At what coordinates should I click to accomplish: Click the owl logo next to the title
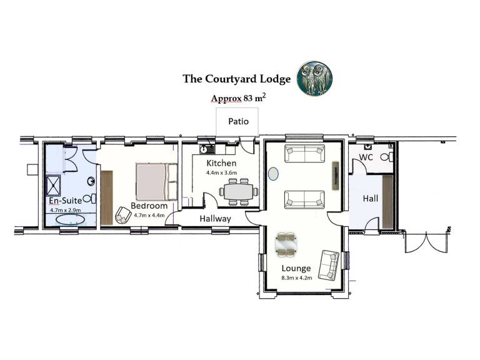tap(315, 77)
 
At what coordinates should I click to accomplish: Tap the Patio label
tap(239, 121)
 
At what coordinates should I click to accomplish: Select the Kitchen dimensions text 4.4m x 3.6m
tap(221, 172)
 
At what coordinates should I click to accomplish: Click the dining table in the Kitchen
tap(239, 192)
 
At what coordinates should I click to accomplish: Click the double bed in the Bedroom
tap(157, 182)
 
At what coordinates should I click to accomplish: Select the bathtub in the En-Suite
tap(71, 219)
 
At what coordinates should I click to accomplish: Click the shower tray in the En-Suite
tap(53, 185)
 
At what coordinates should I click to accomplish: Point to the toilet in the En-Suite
tap(89, 199)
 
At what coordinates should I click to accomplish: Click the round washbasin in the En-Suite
tap(91, 181)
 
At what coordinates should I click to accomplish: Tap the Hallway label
tap(215, 219)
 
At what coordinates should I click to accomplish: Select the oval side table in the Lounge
tap(273, 174)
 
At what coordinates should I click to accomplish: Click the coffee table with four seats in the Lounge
tap(286, 244)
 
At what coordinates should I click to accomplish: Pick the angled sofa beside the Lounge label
tap(329, 265)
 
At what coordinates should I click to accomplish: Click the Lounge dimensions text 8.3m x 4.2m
tap(297, 278)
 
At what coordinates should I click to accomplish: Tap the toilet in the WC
tap(387, 157)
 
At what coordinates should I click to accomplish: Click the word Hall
tap(371, 198)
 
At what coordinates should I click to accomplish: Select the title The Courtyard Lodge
tap(237, 79)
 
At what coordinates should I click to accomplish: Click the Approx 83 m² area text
tap(239, 98)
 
